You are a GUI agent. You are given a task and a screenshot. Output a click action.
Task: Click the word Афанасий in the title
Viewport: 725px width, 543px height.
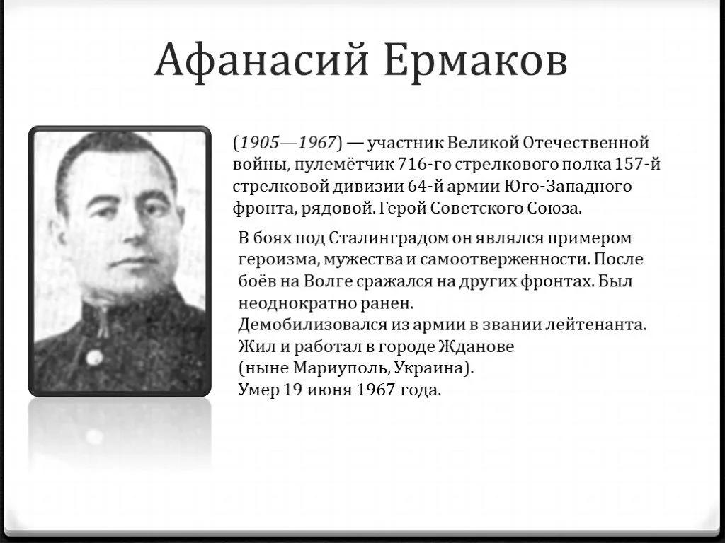point(262,61)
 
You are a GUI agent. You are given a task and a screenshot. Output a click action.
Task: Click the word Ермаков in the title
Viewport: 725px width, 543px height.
point(476,60)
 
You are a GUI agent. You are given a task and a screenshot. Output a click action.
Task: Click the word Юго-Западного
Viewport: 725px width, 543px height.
point(568,186)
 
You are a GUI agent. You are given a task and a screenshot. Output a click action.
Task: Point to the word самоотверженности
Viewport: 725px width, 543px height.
point(504,259)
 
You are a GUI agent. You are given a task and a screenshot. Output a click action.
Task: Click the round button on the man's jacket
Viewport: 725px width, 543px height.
point(94,357)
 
